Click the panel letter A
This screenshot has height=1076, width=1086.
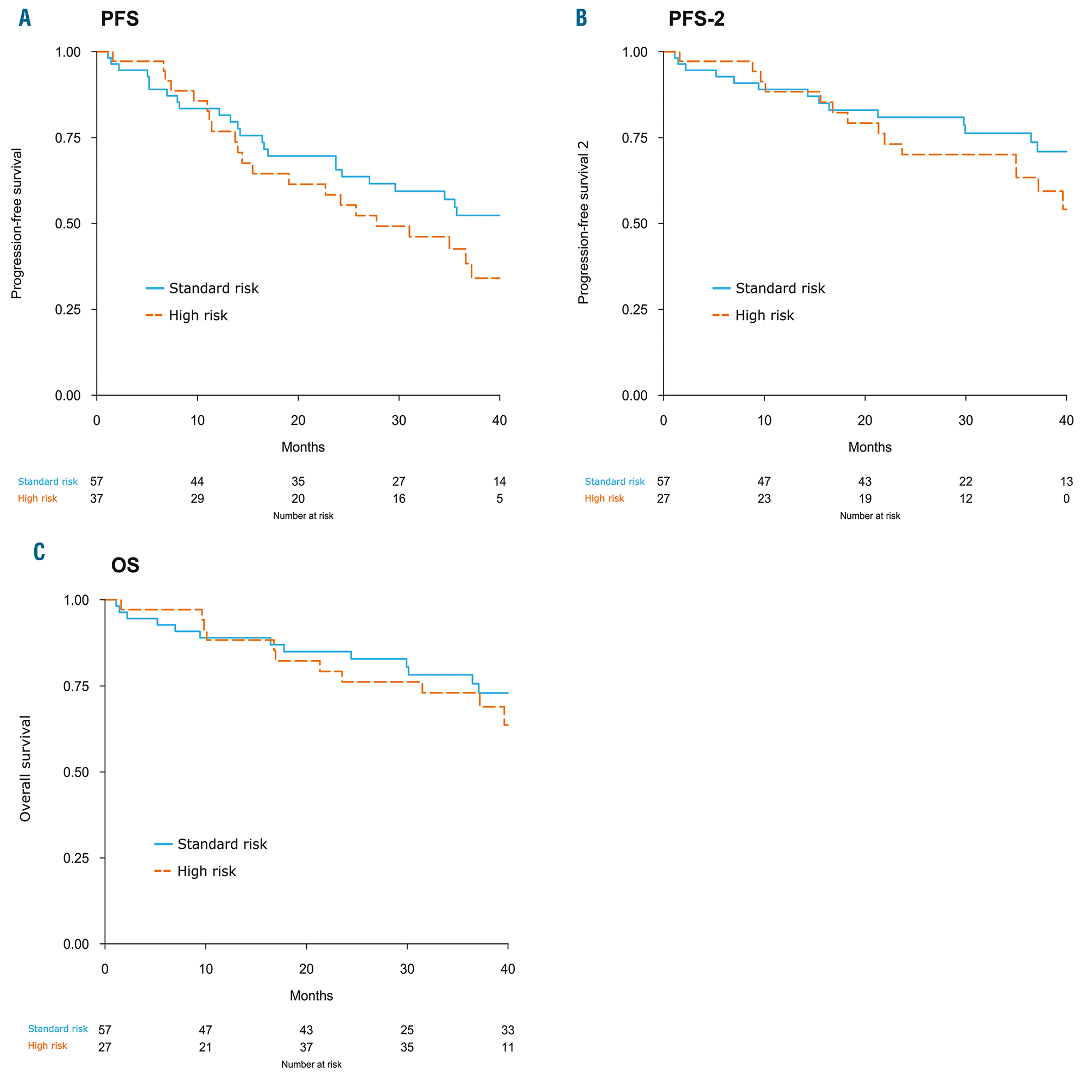pos(25,18)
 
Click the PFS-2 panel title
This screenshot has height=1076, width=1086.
pos(696,19)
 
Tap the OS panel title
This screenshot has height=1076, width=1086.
pos(125,565)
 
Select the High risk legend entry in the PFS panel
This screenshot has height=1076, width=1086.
pos(197,316)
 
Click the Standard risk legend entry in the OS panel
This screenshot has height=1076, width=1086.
pos(222,844)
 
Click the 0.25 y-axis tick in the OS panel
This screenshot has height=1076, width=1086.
pos(76,858)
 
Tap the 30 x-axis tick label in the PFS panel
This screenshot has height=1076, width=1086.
pos(399,421)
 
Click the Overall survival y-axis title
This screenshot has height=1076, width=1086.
pos(26,768)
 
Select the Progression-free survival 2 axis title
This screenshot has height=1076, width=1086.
pos(584,223)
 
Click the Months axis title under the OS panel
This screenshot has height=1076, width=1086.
pos(311,996)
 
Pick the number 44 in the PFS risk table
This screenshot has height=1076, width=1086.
pos(197,481)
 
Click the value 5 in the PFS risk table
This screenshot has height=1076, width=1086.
pos(499,499)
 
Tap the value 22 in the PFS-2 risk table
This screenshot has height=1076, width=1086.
pos(965,481)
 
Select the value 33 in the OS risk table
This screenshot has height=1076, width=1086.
pos(508,1030)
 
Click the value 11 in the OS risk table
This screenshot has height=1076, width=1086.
pos(508,1047)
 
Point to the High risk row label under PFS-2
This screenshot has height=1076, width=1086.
pos(604,498)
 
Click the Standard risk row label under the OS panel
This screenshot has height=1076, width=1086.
pos(58,1029)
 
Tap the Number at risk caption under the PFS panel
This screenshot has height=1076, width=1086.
pos(303,516)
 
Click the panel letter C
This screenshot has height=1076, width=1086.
pos(39,552)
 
